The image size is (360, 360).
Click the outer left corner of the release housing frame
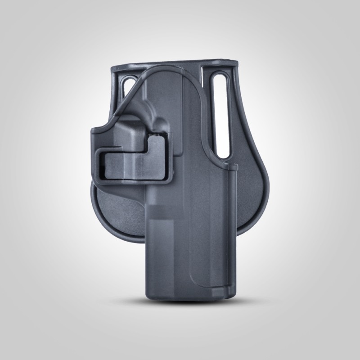(92, 130)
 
